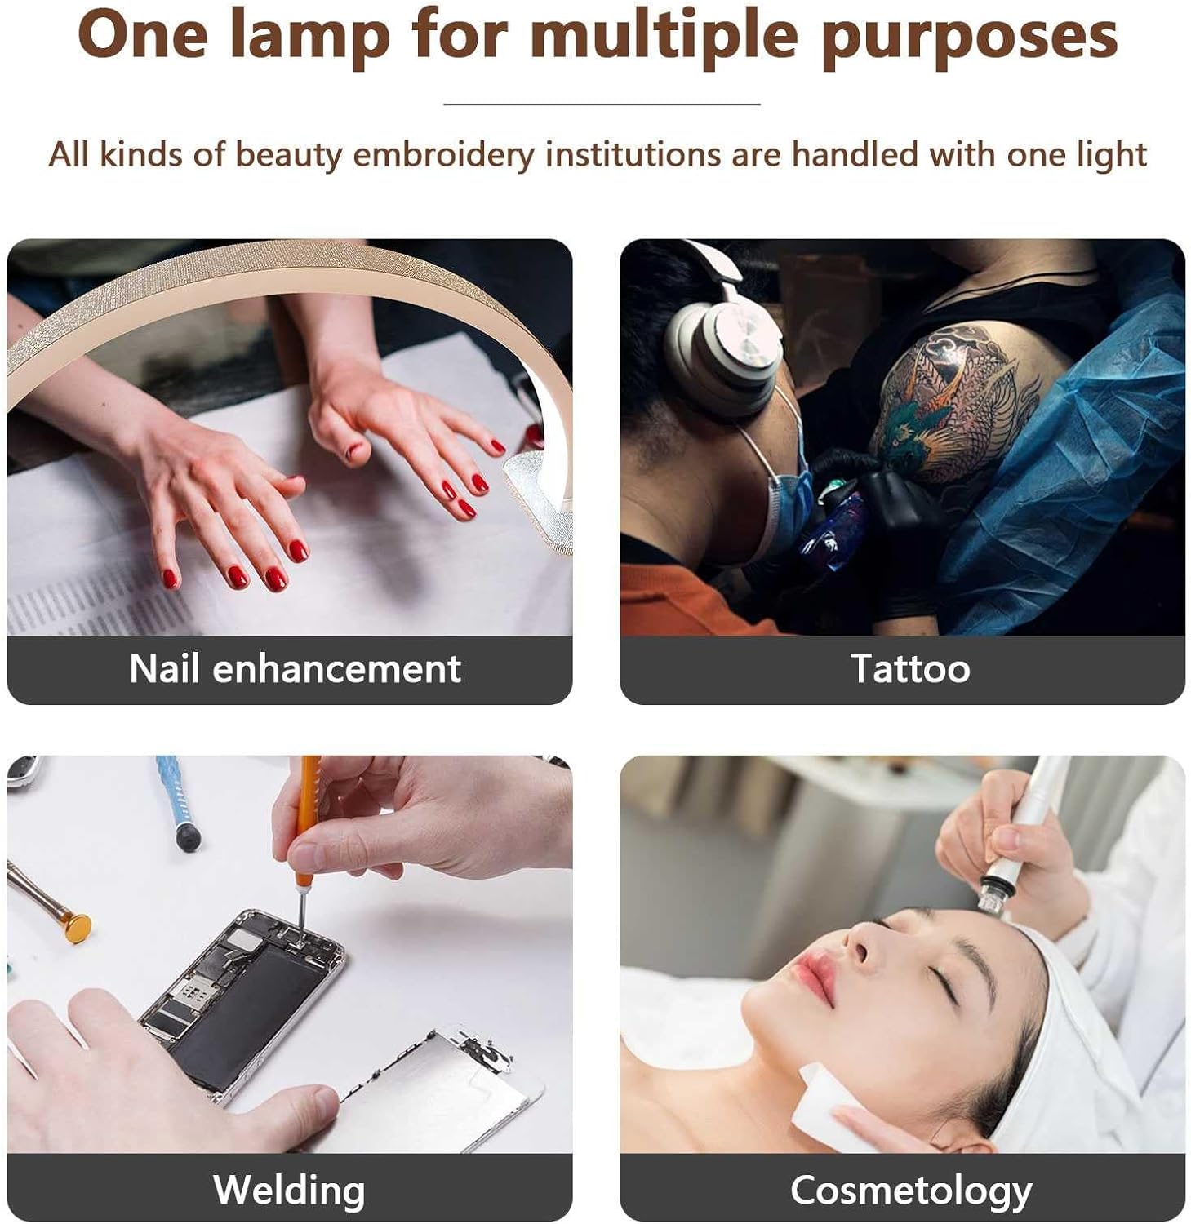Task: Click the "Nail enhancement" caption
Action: point(295,669)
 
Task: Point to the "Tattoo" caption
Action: point(909,669)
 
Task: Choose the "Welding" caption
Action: point(289,1190)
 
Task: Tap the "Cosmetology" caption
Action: point(910,1190)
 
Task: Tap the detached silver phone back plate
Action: point(441,1093)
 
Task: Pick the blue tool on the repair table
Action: point(176,804)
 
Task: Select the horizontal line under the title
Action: point(602,104)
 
